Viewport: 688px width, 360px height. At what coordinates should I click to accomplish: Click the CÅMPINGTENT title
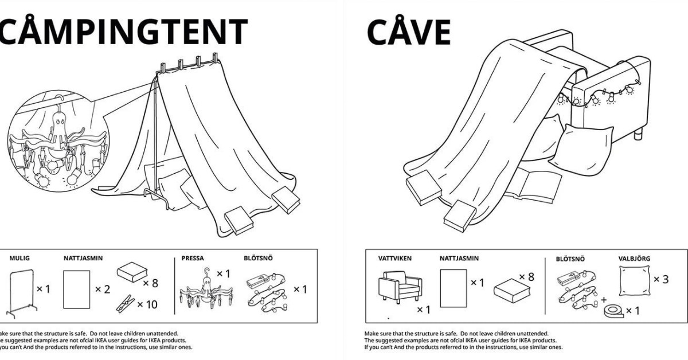(x=123, y=33)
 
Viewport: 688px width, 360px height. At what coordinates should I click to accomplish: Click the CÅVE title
(x=408, y=33)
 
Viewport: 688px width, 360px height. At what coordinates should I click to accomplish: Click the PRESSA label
(x=193, y=259)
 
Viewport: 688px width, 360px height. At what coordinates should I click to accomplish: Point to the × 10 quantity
(x=147, y=304)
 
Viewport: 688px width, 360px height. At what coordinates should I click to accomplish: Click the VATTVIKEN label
(x=395, y=259)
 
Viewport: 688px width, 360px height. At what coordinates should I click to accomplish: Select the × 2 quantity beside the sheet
(x=103, y=289)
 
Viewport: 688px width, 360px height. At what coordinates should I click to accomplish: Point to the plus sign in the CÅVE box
(x=603, y=299)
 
